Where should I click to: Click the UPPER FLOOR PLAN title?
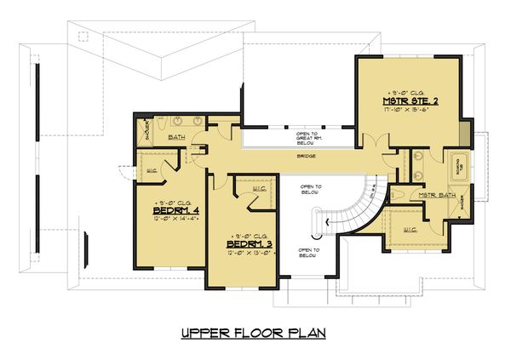255,332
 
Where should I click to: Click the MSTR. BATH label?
433,195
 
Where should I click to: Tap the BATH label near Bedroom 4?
176,136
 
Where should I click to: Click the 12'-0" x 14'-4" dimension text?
174,220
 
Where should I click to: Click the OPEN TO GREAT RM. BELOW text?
307,137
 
